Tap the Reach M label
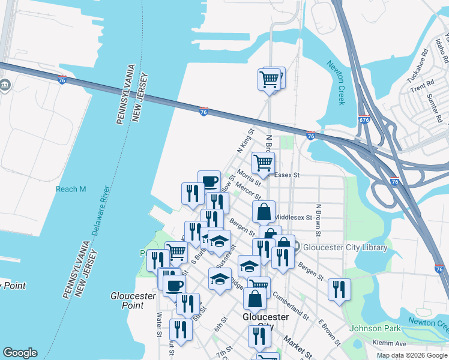pyautogui.click(x=71, y=189)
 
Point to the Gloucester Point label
pyautogui.click(x=133, y=301)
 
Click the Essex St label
pyautogui.click(x=286, y=175)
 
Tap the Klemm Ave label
pyautogui.click(x=393, y=344)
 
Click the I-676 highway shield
pyautogui.click(x=364, y=119)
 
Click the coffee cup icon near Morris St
pyautogui.click(x=209, y=181)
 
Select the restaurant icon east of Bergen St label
pyautogui.click(x=339, y=289)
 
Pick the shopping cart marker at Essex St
pyautogui.click(x=263, y=162)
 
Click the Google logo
pyautogui.click(x=20, y=353)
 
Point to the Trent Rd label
pyautogui.click(x=421, y=83)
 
